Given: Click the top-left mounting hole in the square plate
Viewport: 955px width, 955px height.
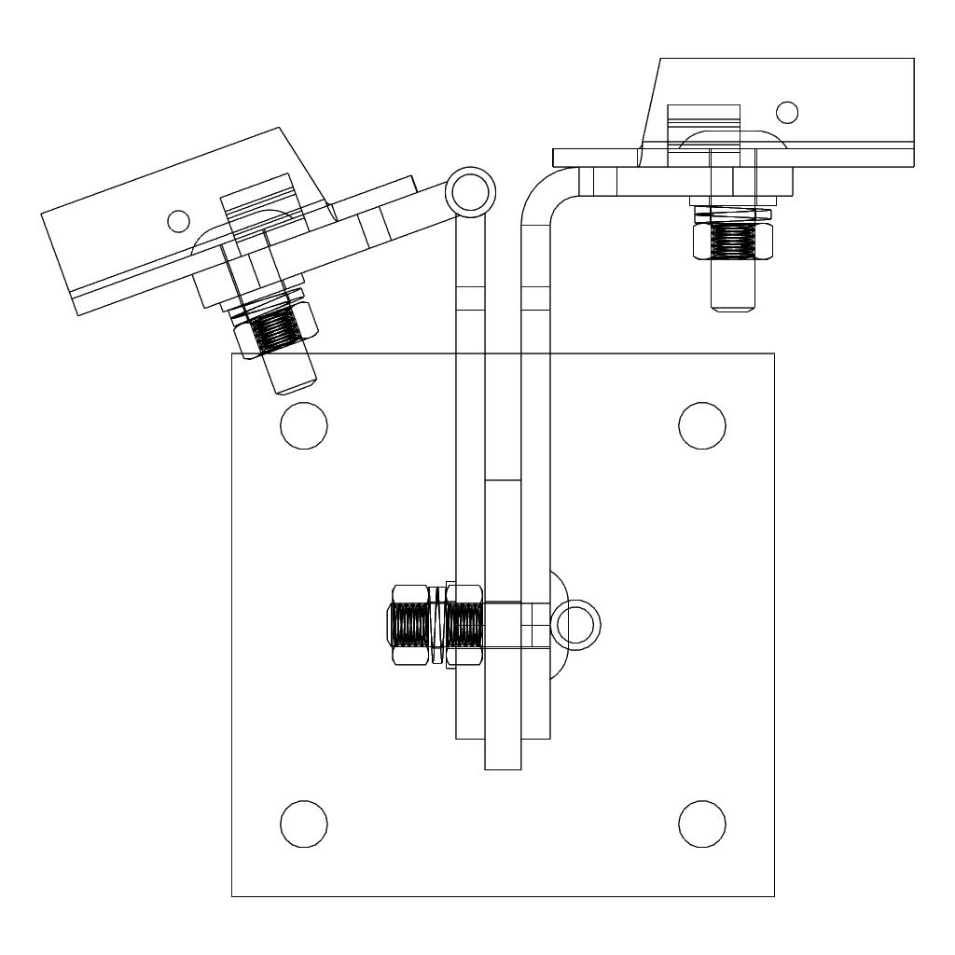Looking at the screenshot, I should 304,425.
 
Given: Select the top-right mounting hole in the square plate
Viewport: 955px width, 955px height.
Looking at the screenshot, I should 702,425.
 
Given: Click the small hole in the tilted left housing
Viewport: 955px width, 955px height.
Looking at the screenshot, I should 177,220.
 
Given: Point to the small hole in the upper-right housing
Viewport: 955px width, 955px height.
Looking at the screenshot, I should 787,112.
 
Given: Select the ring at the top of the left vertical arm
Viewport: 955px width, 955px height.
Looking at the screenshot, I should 466,191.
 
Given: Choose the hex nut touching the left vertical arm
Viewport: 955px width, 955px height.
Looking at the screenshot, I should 464,623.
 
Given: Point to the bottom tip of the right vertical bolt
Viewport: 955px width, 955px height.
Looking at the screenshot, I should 732,308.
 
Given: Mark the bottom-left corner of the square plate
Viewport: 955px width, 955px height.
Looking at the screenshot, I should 232,896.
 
